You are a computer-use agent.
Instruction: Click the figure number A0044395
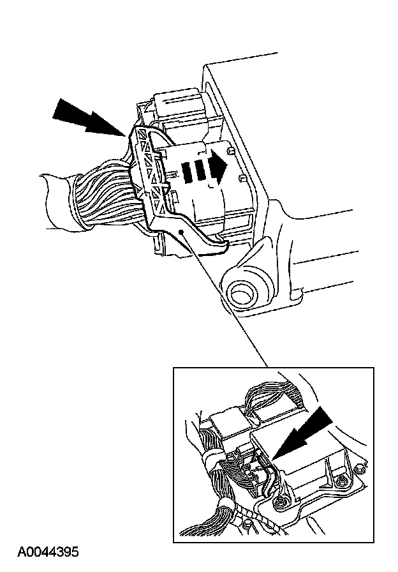(x=48, y=552)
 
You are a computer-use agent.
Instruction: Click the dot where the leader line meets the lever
(x=182, y=232)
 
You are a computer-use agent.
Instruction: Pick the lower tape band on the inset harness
(x=223, y=509)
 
